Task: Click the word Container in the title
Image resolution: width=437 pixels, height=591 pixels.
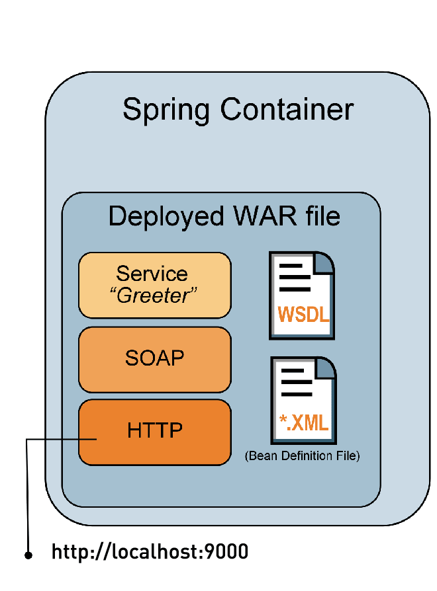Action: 287,109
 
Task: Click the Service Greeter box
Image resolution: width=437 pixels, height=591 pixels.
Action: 154,285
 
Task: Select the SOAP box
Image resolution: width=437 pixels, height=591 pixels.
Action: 154,360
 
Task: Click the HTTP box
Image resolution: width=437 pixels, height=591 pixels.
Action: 154,431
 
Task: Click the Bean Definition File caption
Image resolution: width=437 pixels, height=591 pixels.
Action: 302,456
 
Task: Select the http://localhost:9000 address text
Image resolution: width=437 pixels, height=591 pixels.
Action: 150,552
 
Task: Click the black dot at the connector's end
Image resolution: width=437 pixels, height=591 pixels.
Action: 28,556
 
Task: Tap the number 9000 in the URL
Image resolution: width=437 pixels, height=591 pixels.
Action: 226,552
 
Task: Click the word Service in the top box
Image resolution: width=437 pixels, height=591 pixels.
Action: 152,274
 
